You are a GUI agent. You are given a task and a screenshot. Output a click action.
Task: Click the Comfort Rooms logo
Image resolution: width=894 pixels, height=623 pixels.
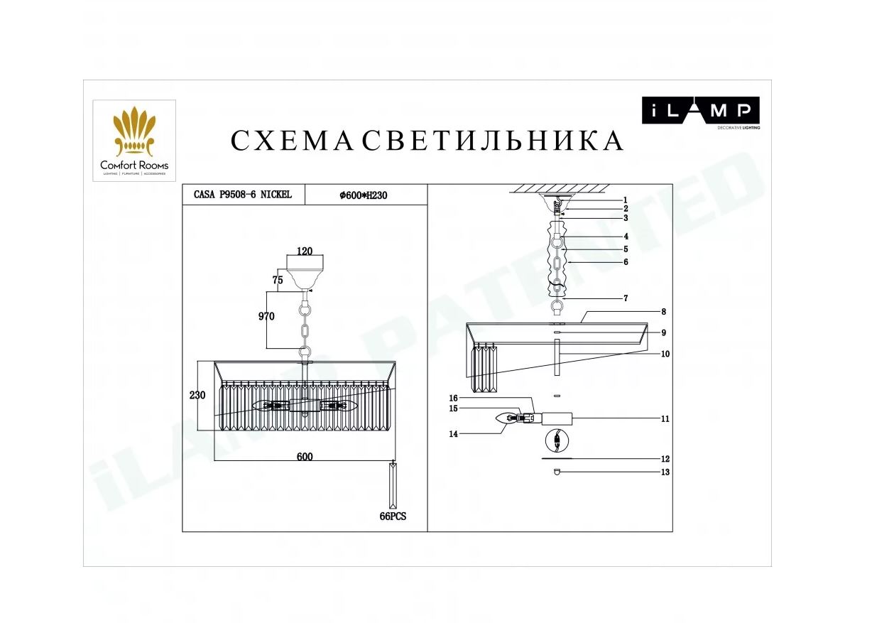pos(134,141)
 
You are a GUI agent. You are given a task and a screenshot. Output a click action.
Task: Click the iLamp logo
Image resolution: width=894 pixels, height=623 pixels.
pos(700,113)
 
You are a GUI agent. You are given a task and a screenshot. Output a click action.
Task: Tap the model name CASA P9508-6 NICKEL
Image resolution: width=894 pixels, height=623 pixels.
pos(243,195)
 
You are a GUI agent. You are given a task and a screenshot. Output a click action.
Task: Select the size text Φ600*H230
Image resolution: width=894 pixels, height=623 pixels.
pos(363,195)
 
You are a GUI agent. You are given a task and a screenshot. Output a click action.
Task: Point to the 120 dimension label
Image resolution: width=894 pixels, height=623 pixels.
pos(305,251)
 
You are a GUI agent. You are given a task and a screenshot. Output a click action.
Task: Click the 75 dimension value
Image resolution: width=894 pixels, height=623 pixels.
pos(278,280)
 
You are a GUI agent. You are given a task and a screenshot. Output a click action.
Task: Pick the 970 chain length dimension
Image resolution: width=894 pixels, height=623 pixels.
pos(266,316)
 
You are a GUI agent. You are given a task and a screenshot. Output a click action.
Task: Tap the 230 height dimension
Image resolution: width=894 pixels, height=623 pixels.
pos(197,395)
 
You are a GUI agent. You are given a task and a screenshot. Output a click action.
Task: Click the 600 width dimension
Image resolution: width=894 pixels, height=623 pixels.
pos(305,457)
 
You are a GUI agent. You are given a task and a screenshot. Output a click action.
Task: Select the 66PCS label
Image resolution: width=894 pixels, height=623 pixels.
pos(393,516)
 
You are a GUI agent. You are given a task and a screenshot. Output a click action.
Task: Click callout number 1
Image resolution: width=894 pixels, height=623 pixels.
pos(626,200)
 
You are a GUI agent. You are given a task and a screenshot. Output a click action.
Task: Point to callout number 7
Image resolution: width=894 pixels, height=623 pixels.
pos(626,298)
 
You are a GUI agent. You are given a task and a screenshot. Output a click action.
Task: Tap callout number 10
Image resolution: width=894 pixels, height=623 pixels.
pos(665,354)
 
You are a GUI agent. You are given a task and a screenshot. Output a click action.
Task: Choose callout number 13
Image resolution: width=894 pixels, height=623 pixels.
pos(665,472)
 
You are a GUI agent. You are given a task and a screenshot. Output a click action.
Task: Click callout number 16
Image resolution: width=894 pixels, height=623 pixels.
pos(453,398)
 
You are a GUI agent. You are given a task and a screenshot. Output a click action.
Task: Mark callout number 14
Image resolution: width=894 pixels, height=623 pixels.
pos(453,434)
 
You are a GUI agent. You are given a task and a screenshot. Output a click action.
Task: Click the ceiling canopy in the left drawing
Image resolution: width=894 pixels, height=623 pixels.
pos(305,271)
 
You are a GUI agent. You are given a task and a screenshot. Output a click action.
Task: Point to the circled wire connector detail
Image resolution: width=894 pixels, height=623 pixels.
pos(557,441)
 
